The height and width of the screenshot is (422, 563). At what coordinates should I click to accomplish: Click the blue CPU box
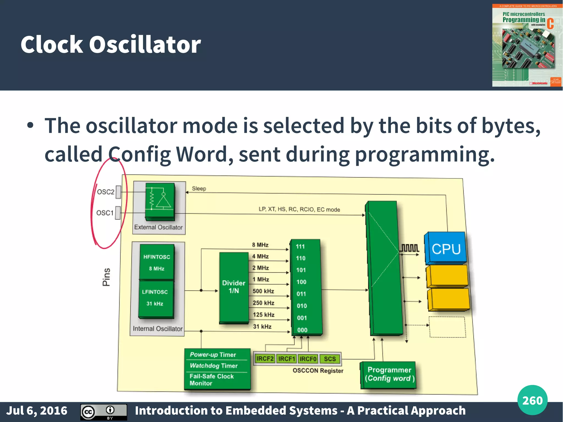click(x=446, y=248)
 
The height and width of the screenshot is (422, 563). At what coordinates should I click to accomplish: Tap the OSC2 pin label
click(x=106, y=192)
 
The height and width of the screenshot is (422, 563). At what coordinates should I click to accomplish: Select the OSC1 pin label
click(x=105, y=213)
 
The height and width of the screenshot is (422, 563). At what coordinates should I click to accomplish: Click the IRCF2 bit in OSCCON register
click(x=265, y=358)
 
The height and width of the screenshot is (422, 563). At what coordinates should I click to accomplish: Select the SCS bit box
click(x=330, y=359)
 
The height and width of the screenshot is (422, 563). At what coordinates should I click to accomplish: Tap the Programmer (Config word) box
click(x=389, y=374)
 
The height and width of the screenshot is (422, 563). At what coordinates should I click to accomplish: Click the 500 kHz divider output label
click(x=263, y=291)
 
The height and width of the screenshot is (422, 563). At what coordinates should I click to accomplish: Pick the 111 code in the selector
click(x=300, y=247)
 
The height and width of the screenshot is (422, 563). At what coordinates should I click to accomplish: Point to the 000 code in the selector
click(x=302, y=330)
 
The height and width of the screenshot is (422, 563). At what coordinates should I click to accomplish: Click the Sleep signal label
click(x=199, y=189)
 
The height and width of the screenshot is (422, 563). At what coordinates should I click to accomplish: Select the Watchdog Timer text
click(x=214, y=366)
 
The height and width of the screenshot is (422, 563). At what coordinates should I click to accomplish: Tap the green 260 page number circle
click(x=532, y=400)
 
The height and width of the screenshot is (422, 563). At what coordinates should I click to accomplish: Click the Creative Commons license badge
click(x=104, y=412)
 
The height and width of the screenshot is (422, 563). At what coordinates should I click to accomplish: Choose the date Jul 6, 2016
click(x=37, y=411)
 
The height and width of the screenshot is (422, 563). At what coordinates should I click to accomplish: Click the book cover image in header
click(x=527, y=45)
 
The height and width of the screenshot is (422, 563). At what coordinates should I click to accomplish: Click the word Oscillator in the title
click(x=145, y=45)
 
